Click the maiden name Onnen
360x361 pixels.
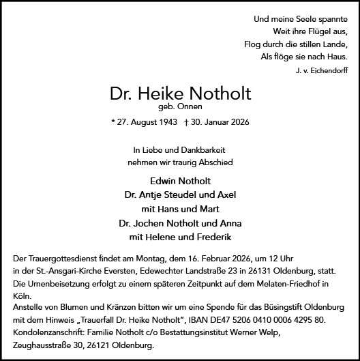click(191, 107)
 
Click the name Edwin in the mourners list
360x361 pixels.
click(162, 181)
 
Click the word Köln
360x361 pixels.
click(22, 296)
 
